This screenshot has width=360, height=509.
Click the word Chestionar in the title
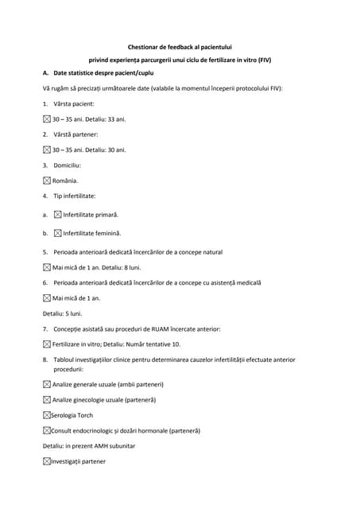pos(145,47)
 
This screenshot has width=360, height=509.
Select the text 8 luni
pos(130,268)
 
